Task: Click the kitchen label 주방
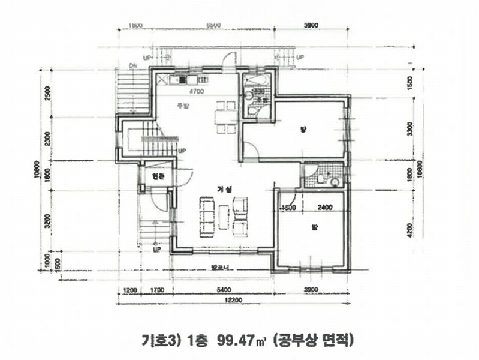pyautogui.click(x=182, y=106)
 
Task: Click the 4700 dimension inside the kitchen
pyautogui.click(x=197, y=92)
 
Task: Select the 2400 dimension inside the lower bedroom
pyautogui.click(x=325, y=208)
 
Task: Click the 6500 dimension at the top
pyautogui.click(x=213, y=25)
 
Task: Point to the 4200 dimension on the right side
pyautogui.click(x=410, y=229)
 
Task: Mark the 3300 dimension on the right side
pyautogui.click(x=410, y=130)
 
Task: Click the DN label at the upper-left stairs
pyautogui.click(x=133, y=66)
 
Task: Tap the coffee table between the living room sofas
pyautogui.click(x=224, y=217)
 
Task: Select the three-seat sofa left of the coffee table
pyautogui.click(x=207, y=217)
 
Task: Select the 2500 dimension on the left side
pyautogui.click(x=47, y=94)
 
